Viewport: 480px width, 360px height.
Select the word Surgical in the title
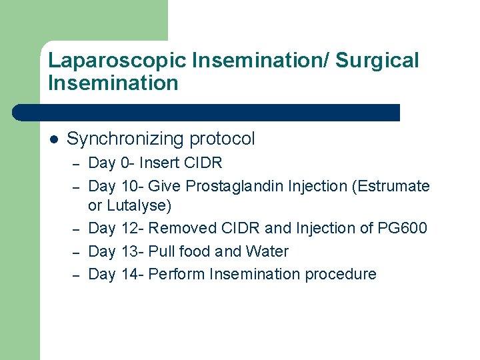point(377,61)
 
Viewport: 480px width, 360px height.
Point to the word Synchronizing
point(125,139)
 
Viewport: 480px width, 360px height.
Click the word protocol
point(222,139)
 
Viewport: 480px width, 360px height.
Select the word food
point(193,251)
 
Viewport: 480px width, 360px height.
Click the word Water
point(266,251)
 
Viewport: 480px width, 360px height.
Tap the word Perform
point(176,274)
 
